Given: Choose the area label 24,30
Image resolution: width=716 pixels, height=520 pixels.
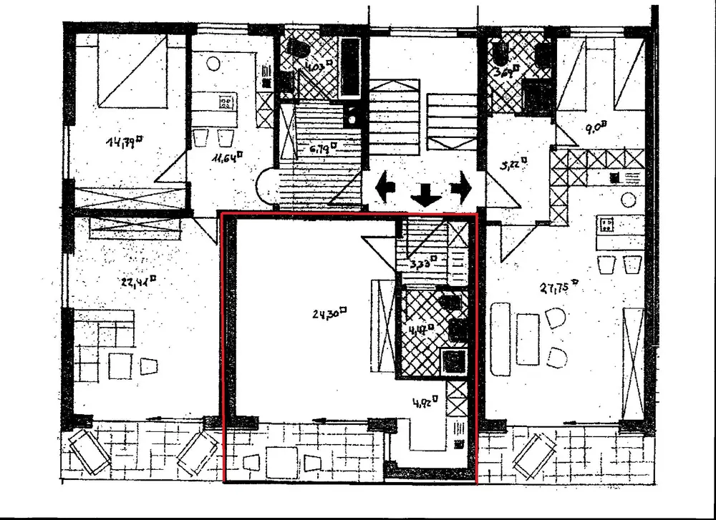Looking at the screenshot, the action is click(x=330, y=312).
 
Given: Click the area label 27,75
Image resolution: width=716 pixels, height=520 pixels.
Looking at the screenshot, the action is click(x=558, y=288).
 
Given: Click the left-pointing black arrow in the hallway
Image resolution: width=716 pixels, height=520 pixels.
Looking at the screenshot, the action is click(x=385, y=188).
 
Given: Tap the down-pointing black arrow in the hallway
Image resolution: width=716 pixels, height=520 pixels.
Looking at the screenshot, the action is click(x=426, y=194).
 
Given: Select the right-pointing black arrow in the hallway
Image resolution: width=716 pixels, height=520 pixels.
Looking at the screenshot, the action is click(x=460, y=188).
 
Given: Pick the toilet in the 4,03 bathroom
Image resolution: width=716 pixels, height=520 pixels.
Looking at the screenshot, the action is click(x=297, y=49).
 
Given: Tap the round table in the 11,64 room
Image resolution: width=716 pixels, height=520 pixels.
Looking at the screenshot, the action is click(x=213, y=63).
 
